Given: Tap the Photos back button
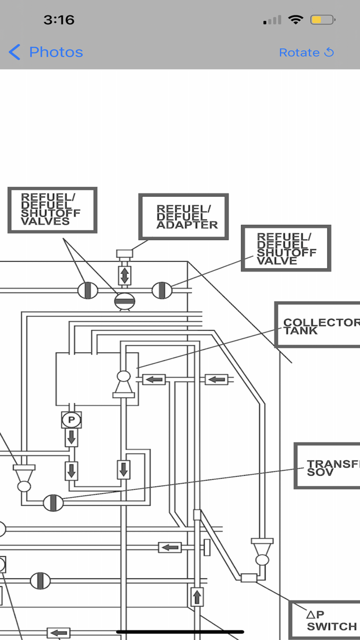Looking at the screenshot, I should (x=46, y=52).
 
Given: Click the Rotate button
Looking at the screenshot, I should (x=307, y=52).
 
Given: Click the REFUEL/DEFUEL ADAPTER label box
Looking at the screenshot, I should (x=184, y=217).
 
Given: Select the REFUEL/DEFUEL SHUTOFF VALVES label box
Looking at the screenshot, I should (x=52, y=210).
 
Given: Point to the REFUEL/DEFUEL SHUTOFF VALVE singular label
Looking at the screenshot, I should (x=286, y=248).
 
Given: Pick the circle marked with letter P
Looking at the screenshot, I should (x=71, y=420).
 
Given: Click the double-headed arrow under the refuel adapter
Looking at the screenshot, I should (x=124, y=275).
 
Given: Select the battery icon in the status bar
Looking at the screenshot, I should (x=322, y=20).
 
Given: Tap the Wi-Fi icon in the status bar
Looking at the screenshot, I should (x=296, y=20).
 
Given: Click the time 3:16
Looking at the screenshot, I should (x=59, y=20).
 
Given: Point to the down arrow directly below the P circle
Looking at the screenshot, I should (x=71, y=438).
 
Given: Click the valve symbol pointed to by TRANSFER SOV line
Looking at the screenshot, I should (x=53, y=503).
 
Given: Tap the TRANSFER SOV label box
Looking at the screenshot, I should (x=327, y=465).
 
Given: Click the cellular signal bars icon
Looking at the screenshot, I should (x=272, y=21).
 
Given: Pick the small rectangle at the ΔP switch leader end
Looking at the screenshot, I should (x=248, y=578).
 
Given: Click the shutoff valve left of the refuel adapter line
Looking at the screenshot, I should (x=87, y=290).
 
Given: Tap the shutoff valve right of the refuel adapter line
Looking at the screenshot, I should (x=161, y=290).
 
